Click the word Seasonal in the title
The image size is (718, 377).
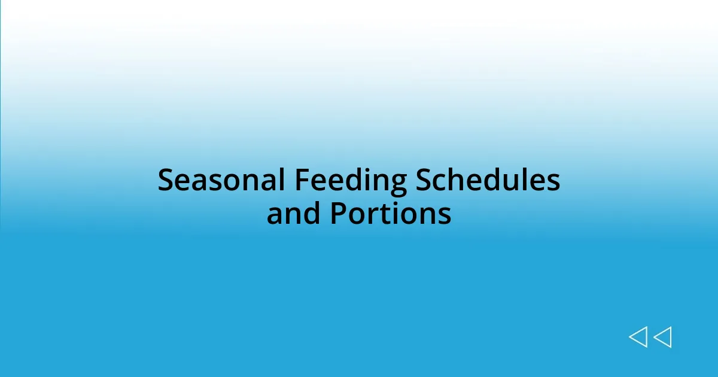point(221,180)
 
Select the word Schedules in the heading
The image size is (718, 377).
point(488,180)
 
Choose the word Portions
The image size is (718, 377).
point(390,214)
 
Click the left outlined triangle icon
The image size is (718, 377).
point(638,337)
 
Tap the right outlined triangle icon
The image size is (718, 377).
point(662,337)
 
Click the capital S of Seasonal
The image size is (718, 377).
point(165,180)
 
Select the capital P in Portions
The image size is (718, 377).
point(338,214)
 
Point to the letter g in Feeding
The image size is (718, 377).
point(397,183)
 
